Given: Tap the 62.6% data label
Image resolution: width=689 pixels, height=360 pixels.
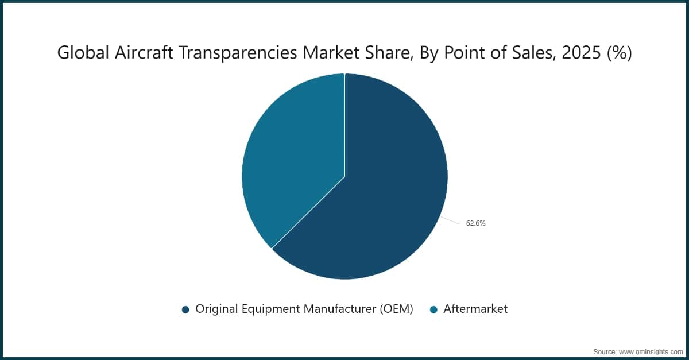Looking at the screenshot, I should pos(475,223).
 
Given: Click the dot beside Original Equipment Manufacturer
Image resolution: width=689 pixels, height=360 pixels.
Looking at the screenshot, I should pos(185,309).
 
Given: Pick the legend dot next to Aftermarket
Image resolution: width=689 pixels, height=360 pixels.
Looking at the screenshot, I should pos(433,309).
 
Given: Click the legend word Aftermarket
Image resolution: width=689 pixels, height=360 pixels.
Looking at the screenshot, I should pos(475,309).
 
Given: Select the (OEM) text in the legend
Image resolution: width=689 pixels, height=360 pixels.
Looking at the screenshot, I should pos(396,309).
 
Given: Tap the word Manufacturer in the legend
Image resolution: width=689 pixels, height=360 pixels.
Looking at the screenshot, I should pos(340,309).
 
